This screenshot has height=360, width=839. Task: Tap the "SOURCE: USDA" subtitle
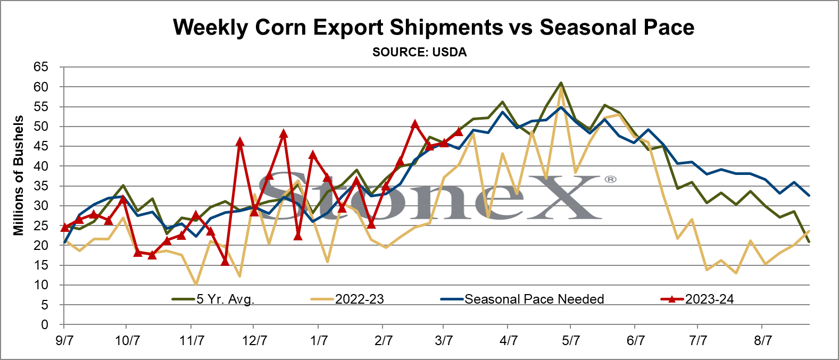[419, 52]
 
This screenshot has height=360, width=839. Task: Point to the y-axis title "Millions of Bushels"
[18, 175]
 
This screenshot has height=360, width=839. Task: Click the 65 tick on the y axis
[41, 67]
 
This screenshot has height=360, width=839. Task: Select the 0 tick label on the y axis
[45, 325]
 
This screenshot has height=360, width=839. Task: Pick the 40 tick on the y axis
[41, 166]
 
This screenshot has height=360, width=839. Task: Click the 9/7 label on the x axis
[64, 341]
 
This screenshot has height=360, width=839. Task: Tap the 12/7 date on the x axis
[255, 341]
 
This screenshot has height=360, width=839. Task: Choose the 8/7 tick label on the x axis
[763, 341]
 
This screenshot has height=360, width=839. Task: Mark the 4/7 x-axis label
[509, 341]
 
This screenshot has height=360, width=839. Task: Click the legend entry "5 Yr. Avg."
[213, 299]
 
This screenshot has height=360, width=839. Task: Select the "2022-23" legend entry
[347, 299]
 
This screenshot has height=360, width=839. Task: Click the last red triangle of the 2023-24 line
[459, 131]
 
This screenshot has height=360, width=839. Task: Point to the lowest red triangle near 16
[225, 261]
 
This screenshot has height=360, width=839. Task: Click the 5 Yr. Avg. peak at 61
[561, 83]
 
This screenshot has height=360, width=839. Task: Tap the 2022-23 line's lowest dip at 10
[196, 284]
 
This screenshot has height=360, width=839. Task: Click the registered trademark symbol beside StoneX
[611, 180]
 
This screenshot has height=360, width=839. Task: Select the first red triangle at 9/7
[64, 227]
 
